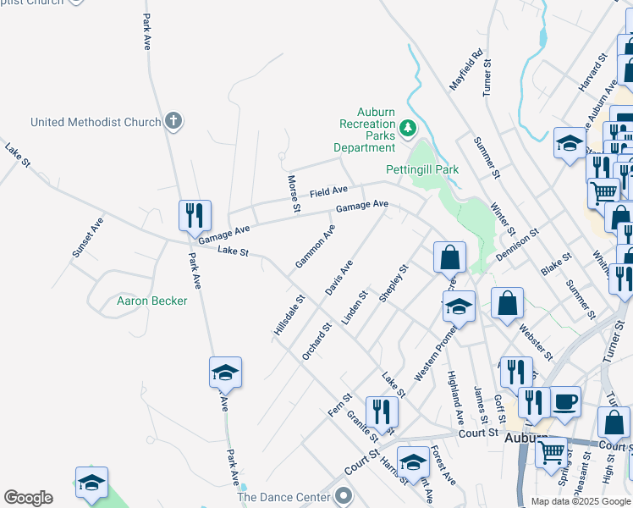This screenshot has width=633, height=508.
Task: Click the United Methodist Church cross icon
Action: [x=173, y=122]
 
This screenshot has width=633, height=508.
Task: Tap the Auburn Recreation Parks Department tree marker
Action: [x=409, y=128]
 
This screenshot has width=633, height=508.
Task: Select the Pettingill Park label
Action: [x=422, y=169]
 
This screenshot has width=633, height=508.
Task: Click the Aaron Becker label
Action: [x=151, y=301]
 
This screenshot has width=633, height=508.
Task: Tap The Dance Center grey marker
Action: [x=343, y=494]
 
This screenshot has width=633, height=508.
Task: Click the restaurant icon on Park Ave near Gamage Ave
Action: [x=195, y=216]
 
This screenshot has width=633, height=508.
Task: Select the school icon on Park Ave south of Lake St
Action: [x=225, y=373]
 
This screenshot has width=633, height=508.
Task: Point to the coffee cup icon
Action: [x=565, y=401]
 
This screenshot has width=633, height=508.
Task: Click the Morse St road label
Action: [x=293, y=194]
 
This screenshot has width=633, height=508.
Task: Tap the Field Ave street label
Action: [x=328, y=192]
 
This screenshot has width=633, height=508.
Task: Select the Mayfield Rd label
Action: [x=467, y=69]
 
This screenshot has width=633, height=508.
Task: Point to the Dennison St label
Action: [x=517, y=245]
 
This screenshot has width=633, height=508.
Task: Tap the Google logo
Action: [x=28, y=498]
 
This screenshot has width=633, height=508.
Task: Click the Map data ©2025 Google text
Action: [x=580, y=502]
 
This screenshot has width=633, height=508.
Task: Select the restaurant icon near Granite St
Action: [x=382, y=412]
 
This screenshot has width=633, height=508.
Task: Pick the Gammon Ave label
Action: [x=315, y=246]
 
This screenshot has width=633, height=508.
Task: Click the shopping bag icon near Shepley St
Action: [x=450, y=257]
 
